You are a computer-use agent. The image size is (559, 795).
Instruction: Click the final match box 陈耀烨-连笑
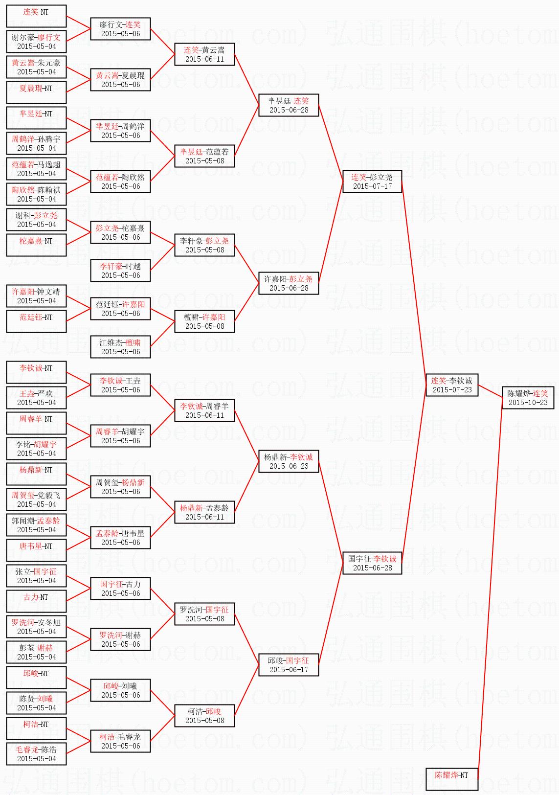click(x=528, y=398)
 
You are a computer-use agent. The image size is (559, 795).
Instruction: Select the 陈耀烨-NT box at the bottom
click(x=451, y=779)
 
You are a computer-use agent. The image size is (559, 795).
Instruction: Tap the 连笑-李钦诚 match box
click(x=451, y=385)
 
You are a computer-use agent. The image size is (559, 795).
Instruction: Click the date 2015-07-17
click(x=372, y=186)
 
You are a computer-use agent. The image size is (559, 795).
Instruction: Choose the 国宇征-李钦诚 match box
click(x=372, y=563)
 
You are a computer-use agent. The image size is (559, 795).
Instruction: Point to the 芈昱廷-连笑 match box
click(x=289, y=105)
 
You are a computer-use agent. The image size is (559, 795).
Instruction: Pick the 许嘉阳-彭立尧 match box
click(x=289, y=283)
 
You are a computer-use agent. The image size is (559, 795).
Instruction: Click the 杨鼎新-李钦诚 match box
click(x=289, y=461)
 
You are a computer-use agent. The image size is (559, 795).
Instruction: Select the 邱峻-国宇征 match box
click(x=289, y=665)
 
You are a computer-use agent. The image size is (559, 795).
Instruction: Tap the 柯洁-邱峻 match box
click(x=204, y=716)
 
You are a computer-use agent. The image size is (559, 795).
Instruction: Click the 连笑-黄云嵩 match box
click(x=204, y=54)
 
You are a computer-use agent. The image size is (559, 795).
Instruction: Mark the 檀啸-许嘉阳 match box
click(x=204, y=321)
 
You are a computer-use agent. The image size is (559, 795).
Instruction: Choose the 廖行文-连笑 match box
click(x=120, y=29)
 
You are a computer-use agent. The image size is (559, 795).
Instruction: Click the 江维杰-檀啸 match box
click(x=120, y=347)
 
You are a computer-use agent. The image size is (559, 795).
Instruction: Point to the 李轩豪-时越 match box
click(x=120, y=271)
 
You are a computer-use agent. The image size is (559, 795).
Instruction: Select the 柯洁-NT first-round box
click(x=36, y=728)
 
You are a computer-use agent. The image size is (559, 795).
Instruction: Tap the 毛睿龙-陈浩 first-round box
click(x=36, y=754)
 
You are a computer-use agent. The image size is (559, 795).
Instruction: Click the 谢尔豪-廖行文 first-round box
click(x=36, y=42)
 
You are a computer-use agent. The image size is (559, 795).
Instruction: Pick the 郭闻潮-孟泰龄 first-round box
click(x=36, y=525)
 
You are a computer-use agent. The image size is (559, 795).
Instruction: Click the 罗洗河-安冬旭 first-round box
click(x=36, y=627)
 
